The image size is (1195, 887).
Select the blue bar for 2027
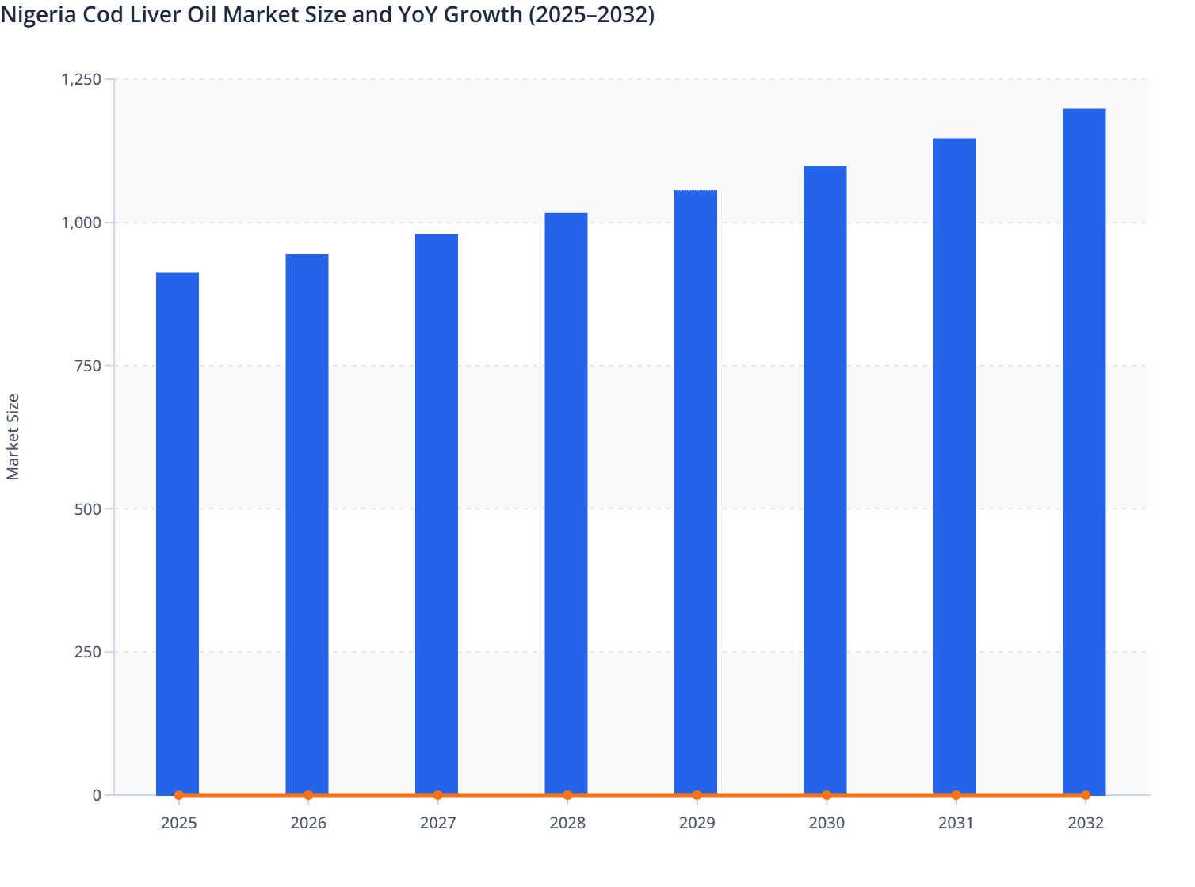coord(437,514)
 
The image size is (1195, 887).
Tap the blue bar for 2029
coord(696,492)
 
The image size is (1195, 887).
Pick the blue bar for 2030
coord(825,480)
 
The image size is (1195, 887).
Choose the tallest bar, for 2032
coord(1084,451)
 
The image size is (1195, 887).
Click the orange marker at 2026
coord(308,795)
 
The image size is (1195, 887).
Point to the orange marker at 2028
coord(567,795)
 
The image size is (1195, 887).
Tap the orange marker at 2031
coord(956,795)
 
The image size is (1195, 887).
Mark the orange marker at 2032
coord(1086,795)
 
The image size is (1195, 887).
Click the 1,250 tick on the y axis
coord(81,79)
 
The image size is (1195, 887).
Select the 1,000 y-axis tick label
coord(81,223)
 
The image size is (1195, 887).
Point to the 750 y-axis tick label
coord(88,366)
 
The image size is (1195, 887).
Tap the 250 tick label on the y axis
coord(88,652)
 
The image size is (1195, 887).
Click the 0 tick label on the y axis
coord(97,795)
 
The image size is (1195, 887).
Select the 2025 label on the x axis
coord(178,824)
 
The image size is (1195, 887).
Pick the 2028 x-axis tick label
coord(567,824)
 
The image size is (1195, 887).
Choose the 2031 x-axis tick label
coord(956,824)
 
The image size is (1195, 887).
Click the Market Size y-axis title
coord(13,436)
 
